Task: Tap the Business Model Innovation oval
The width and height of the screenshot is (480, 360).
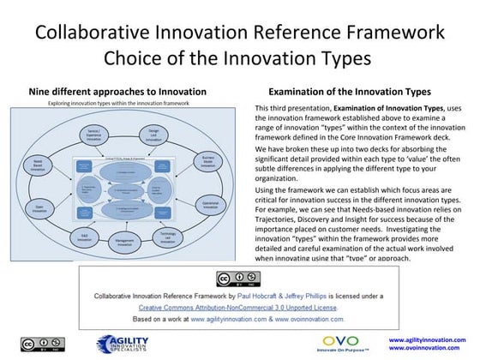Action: tap(208, 163)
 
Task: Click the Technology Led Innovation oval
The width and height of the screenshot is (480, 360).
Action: tap(167, 236)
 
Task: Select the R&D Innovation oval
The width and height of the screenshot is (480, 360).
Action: tap(81, 236)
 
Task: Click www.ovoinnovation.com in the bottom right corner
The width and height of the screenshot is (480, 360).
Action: tap(434, 349)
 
